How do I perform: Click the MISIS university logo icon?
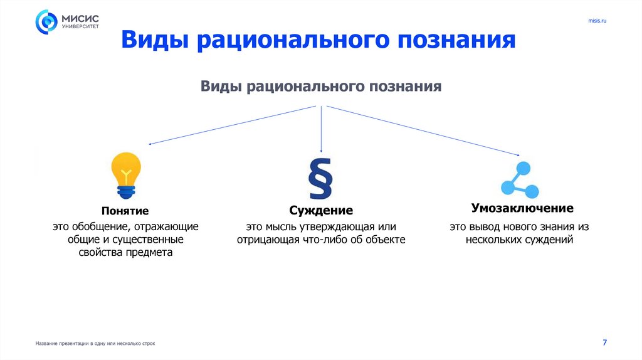point(47,22)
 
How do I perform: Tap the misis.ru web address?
point(597,21)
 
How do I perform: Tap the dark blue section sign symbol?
point(320,179)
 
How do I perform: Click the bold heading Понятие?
point(125,211)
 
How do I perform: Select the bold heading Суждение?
point(321,211)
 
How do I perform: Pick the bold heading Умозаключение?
point(522,208)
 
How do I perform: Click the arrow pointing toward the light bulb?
point(232,124)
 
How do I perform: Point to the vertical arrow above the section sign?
point(321,129)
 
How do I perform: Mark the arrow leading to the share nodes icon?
point(423,130)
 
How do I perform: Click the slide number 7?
point(604,342)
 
